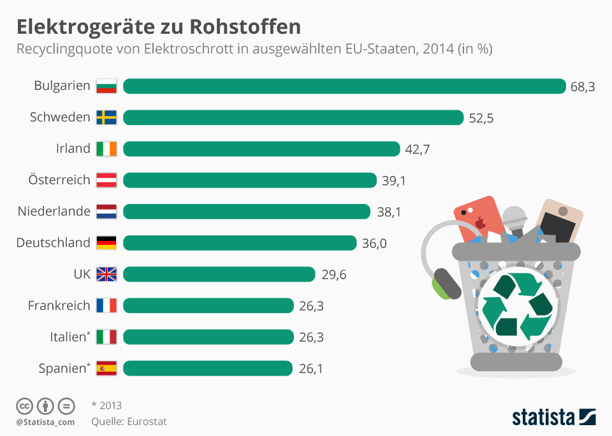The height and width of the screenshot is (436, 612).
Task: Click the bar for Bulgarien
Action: click(x=344, y=86)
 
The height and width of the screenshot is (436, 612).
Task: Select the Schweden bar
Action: click(x=293, y=117)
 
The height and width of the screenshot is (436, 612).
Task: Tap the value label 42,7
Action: click(x=418, y=149)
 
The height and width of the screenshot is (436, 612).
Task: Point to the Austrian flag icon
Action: click(x=106, y=180)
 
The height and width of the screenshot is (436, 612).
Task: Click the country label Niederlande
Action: click(x=54, y=212)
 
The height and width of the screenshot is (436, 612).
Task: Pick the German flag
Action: click(x=106, y=243)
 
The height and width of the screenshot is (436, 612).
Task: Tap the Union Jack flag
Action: click(x=106, y=274)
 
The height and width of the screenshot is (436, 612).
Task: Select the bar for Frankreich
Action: click(x=208, y=305)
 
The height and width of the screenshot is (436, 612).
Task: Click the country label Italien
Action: click(x=68, y=337)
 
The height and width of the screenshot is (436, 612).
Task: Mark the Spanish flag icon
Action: click(x=106, y=368)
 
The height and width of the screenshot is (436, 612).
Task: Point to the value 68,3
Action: click(x=583, y=87)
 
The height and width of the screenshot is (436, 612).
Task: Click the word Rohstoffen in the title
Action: click(x=245, y=27)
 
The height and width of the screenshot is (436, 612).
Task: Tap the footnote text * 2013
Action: click(x=106, y=405)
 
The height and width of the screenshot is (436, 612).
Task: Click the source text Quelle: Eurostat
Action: click(x=129, y=421)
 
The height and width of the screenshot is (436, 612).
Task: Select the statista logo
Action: click(x=553, y=418)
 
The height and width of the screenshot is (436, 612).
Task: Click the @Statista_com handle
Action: click(x=45, y=422)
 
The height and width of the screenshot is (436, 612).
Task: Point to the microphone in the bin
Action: click(x=514, y=220)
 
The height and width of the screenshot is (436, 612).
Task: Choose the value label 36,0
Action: click(x=374, y=243)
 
